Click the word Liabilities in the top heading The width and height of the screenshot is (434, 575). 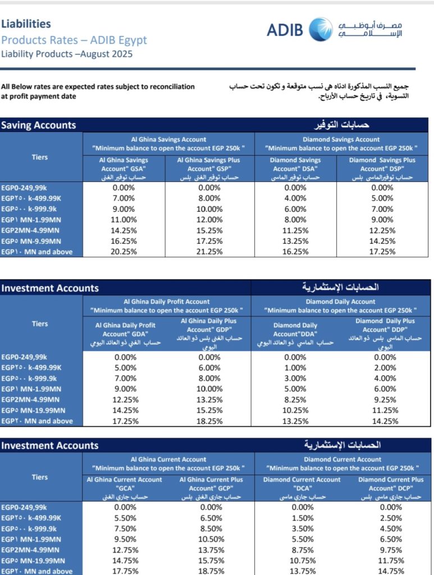click(26, 24)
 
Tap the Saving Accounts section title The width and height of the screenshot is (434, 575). click(38, 125)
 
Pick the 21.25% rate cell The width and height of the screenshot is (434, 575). click(209, 252)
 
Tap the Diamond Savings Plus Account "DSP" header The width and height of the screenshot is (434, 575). click(382, 168)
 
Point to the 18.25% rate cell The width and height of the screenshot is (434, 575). click(209, 421)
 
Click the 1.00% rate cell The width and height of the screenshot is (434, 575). click(295, 367)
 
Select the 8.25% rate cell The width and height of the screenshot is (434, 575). click(295, 399)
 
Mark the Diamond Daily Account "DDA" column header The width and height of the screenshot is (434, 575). click(295, 334)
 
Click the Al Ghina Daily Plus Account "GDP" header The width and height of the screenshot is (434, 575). click(209, 334)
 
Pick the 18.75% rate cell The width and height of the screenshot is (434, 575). click(209, 571)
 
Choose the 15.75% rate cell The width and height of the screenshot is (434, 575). click(209, 560)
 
